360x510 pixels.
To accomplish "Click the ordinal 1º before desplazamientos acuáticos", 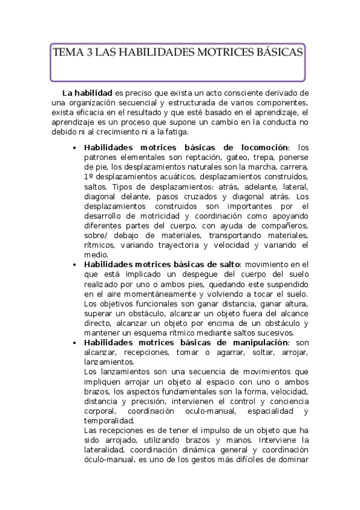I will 89,176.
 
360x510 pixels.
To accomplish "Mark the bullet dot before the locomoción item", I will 73,148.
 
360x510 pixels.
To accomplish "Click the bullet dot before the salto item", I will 73,265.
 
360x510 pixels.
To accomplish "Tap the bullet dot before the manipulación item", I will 73,343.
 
